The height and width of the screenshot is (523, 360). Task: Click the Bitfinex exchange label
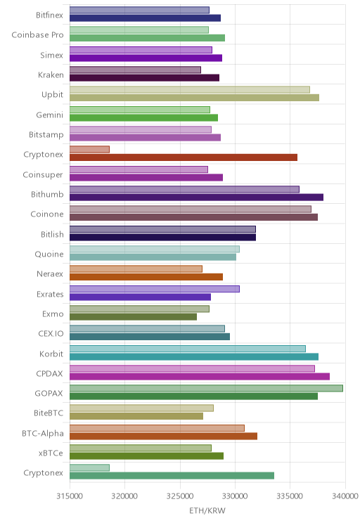49,15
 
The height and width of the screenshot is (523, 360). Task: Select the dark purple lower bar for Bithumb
196,197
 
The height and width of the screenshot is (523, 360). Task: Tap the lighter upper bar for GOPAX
206,388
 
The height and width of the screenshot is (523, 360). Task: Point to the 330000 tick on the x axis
235,496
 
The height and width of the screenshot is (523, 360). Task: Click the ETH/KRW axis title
207,510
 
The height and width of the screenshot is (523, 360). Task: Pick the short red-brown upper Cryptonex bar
89,150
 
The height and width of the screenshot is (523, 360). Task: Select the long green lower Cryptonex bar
172,476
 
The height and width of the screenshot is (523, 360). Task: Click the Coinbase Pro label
37,35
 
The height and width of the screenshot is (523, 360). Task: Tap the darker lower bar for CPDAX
200,377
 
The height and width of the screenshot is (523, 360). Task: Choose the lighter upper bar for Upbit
190,89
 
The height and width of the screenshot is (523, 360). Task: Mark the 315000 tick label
70,496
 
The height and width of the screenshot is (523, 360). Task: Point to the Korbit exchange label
51,354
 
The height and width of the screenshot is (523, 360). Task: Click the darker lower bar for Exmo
133,317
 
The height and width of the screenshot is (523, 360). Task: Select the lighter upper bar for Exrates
155,289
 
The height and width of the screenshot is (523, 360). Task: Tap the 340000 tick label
345,496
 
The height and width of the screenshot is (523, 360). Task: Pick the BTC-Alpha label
43,433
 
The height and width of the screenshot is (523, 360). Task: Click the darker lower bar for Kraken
144,78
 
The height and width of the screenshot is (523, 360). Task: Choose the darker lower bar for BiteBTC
136,416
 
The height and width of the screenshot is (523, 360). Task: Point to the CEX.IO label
51,334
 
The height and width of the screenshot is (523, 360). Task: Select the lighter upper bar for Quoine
155,249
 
